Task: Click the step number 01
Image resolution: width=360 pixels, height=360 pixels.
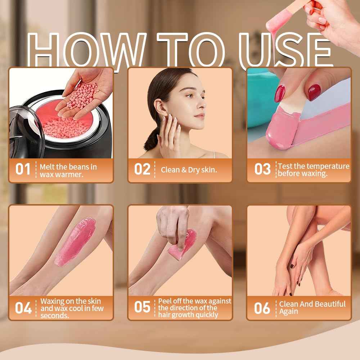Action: [x=23, y=169]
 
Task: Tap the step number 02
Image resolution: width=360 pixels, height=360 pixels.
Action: [x=142, y=169]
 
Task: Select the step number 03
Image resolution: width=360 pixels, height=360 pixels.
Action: [x=262, y=169]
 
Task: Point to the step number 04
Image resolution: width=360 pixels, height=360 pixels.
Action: [x=23, y=308]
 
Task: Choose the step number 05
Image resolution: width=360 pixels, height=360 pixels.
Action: [x=142, y=307]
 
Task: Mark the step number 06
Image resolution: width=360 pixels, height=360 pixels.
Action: [x=262, y=308]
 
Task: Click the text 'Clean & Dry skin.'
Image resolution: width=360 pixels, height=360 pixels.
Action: [x=189, y=170]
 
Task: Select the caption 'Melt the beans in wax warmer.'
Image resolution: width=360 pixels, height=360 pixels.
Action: [x=68, y=170]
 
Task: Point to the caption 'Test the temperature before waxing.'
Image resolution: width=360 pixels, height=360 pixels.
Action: [x=313, y=170]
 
